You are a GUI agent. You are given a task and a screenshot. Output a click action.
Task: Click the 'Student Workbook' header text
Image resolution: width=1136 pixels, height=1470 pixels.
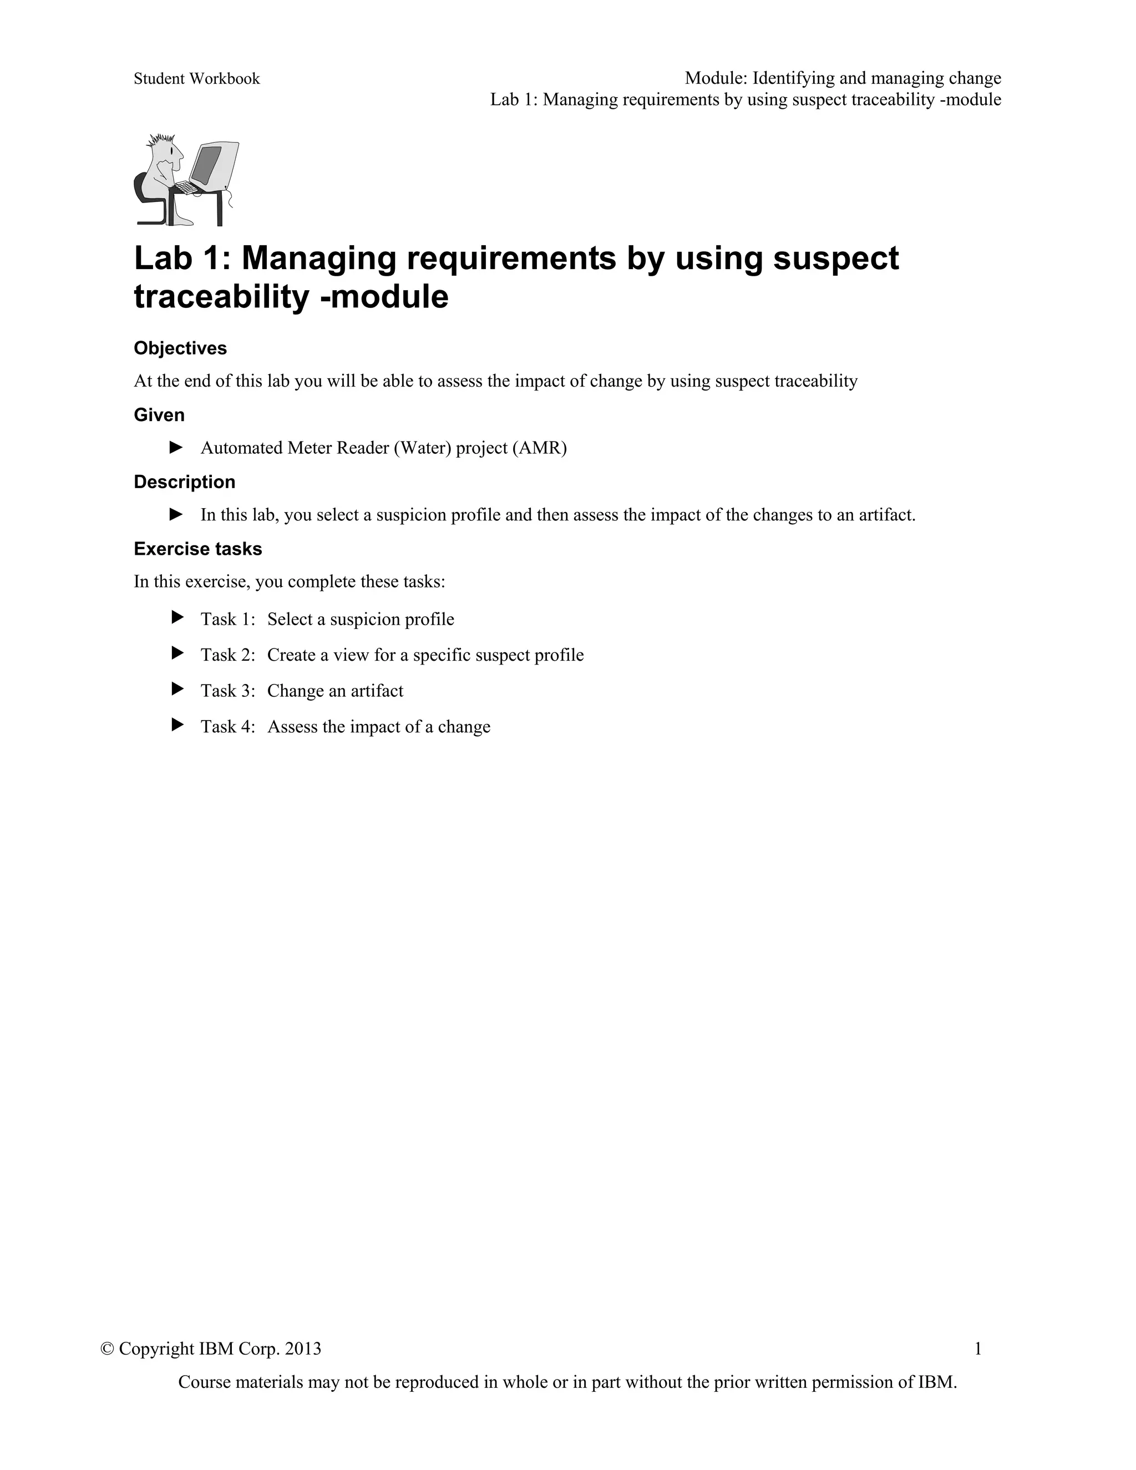point(196,79)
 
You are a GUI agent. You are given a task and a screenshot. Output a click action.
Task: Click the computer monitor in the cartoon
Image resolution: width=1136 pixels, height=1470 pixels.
point(214,164)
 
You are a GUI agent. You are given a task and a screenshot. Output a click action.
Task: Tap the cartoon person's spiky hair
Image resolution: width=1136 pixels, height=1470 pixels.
point(162,139)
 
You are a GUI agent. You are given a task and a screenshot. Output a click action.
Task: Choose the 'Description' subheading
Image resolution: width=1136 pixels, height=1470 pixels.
point(184,482)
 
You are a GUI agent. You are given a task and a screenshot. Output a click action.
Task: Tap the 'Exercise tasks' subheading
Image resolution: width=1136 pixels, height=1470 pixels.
point(198,549)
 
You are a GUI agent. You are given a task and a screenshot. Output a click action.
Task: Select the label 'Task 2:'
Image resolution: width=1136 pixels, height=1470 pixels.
point(227,655)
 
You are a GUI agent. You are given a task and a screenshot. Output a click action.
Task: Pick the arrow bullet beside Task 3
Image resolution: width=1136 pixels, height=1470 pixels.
point(177,688)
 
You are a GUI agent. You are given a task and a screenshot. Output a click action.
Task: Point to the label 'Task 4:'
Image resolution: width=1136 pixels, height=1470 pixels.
point(227,726)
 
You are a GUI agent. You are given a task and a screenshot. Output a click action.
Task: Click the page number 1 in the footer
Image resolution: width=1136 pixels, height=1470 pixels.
point(978,1348)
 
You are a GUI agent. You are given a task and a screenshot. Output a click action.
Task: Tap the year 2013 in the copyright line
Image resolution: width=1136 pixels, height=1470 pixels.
point(303,1348)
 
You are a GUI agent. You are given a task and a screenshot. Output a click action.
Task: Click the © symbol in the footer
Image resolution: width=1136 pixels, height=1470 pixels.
point(106,1348)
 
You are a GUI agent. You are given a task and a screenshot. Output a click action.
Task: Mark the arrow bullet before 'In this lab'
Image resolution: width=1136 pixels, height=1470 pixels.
point(176,514)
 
